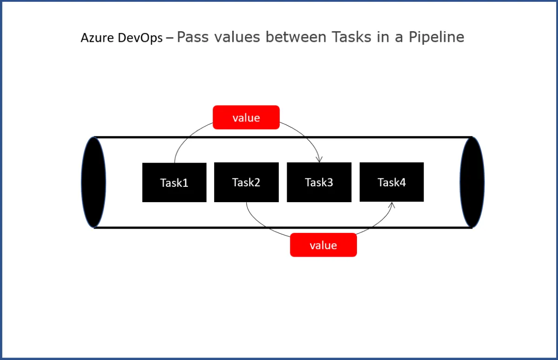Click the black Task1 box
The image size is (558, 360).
[x=174, y=183]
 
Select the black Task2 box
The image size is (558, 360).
[x=246, y=182]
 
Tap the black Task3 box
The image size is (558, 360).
[x=319, y=182]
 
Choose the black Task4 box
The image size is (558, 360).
[x=391, y=182]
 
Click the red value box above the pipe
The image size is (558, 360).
[x=246, y=117]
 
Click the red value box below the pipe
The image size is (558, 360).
[x=323, y=245]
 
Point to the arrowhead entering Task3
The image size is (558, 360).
[x=319, y=160]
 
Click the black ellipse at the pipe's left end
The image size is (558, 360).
[x=94, y=182]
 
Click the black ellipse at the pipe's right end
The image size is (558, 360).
[x=472, y=182]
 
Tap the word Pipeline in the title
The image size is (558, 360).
[x=436, y=37]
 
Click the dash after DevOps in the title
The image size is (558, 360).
[x=169, y=38]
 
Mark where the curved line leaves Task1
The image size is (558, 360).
[x=175, y=163]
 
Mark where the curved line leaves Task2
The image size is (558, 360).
[x=246, y=203]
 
